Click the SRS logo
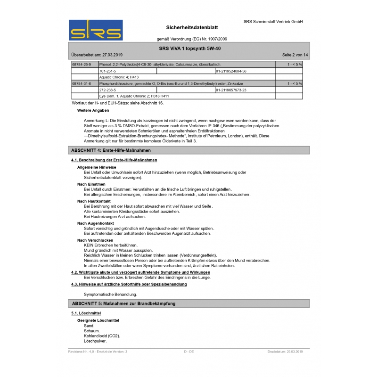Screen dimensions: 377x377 (x=96, y=30)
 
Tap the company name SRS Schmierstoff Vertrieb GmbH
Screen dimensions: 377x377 (x=273, y=22)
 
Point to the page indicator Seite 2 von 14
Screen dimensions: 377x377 (x=295, y=55)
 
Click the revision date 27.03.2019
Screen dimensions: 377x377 (x=112, y=55)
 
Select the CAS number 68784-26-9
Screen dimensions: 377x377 (x=81, y=64)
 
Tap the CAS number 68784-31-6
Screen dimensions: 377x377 (x=81, y=83)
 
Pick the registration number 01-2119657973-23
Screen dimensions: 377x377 (x=231, y=90)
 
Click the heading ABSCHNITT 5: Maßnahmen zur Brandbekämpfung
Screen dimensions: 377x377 (x=123, y=303)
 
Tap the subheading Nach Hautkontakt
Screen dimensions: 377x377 (x=94, y=201)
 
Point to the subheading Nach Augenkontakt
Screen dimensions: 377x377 (x=95, y=223)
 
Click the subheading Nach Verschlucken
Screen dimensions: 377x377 (x=95, y=240)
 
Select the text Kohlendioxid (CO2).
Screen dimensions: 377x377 (x=102, y=336)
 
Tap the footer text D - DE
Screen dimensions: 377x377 (x=188, y=352)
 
